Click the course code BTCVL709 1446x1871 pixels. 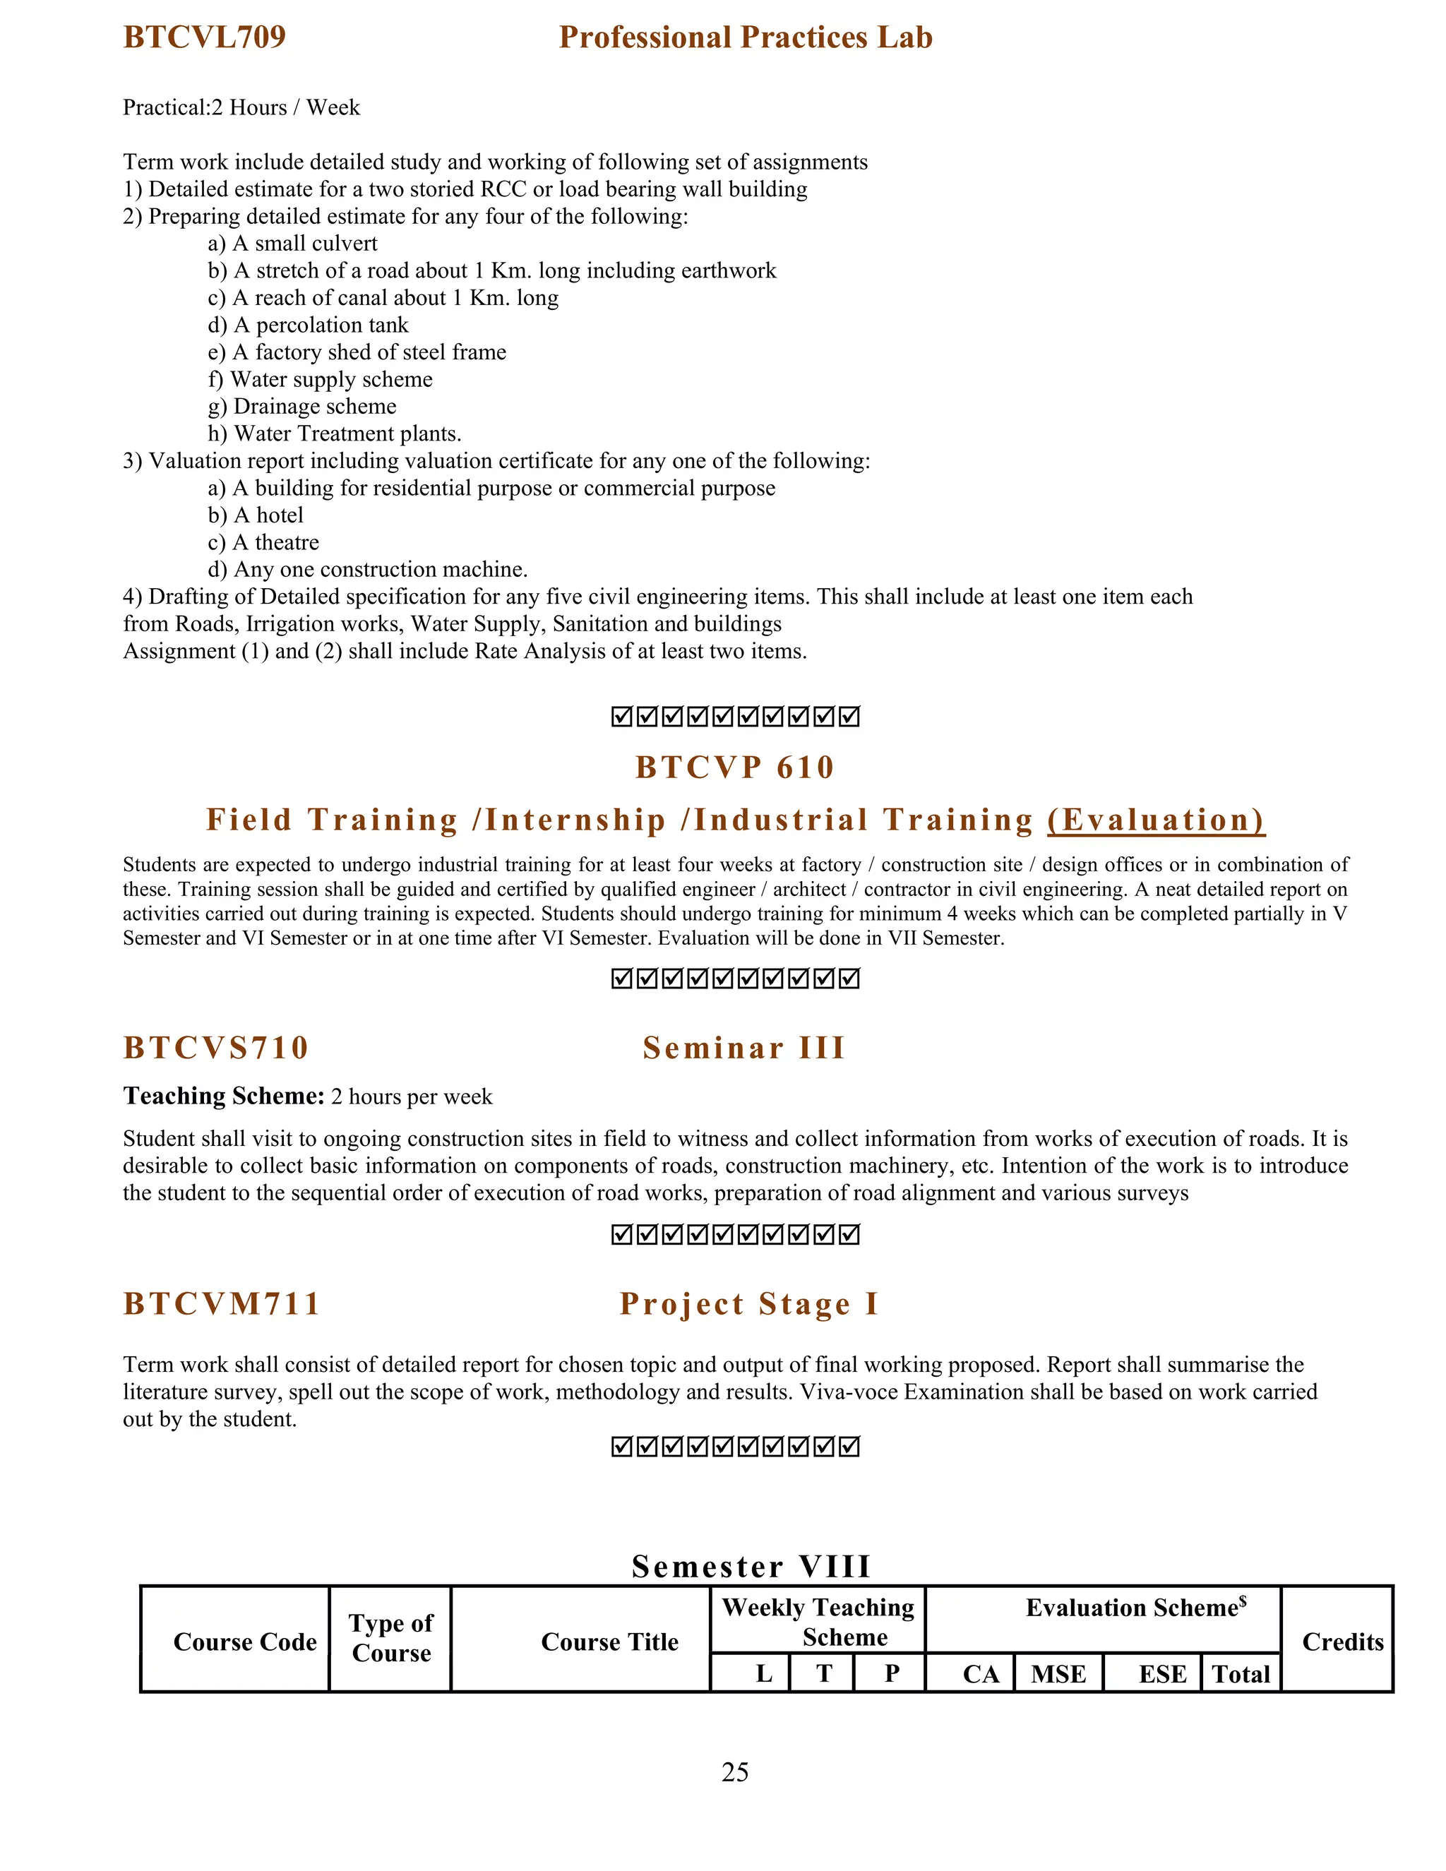point(204,37)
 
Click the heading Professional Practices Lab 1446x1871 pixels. point(746,37)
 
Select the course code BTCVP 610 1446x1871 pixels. point(735,767)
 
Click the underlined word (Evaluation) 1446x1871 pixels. point(1156,820)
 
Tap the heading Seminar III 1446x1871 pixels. point(744,1048)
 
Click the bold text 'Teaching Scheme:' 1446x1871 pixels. point(224,1096)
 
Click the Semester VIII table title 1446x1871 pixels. point(751,1567)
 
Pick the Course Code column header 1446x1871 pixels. point(245,1642)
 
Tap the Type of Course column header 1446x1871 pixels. point(391,1638)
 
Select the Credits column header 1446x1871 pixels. point(1342,1642)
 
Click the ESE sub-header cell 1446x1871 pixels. point(1162,1674)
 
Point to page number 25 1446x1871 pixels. point(735,1771)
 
